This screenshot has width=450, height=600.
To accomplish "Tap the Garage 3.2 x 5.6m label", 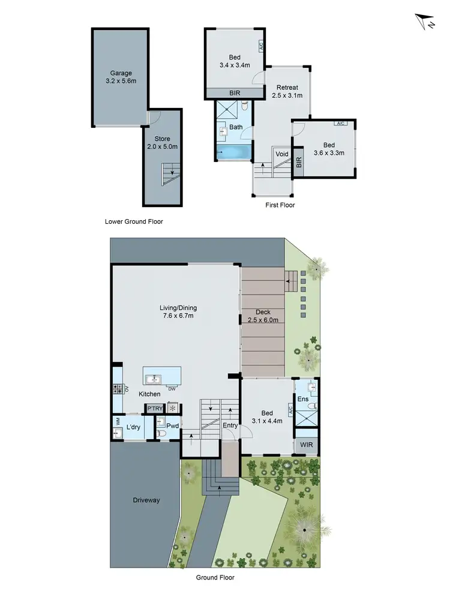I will tap(121, 77).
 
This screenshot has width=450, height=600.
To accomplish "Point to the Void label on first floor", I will tap(281, 154).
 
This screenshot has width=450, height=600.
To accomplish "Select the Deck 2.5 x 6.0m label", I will tap(263, 316).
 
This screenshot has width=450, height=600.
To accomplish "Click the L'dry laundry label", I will tap(134, 427).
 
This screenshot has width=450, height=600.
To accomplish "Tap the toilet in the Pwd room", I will tap(161, 432).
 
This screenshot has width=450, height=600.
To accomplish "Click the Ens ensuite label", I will tap(302, 399).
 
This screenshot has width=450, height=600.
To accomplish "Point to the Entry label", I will tap(230, 425).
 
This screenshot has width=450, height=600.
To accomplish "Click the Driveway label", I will tap(146, 499).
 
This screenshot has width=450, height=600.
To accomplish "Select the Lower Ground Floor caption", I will tap(134, 221).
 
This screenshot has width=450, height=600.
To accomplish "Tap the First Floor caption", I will tap(280, 205).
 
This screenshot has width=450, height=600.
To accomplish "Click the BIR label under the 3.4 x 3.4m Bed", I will tap(235, 93).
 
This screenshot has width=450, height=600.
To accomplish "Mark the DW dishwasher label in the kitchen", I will tap(172, 389).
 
